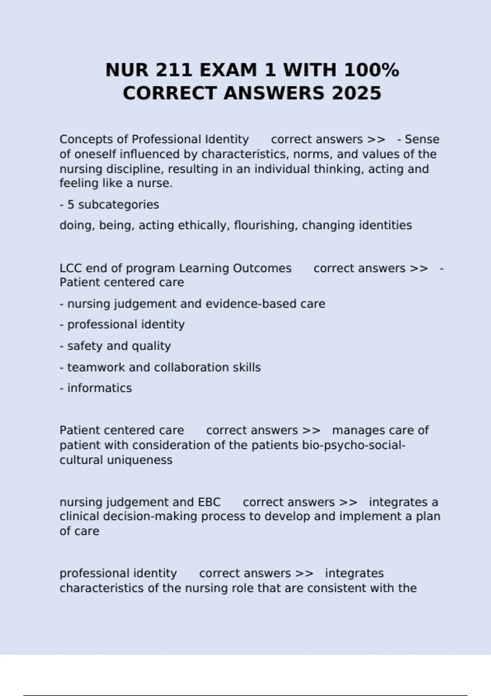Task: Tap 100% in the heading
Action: [x=371, y=70]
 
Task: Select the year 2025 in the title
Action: [x=356, y=93]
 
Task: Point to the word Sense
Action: [x=422, y=140]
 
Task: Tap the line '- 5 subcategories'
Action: [x=109, y=205]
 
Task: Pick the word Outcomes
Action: [x=262, y=269]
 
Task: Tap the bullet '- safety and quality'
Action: [x=115, y=346]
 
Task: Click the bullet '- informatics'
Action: [x=96, y=388]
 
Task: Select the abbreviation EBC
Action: [x=209, y=502]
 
